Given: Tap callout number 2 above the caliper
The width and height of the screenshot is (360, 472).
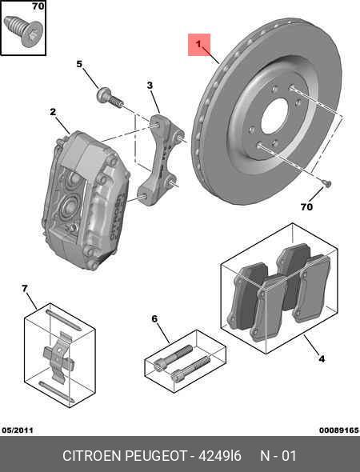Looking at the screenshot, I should pos(52,112).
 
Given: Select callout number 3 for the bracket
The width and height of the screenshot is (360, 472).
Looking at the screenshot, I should pos(150,86).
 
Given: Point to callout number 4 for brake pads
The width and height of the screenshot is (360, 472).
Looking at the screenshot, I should pos(321,359).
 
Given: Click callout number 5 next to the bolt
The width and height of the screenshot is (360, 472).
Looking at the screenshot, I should pos(80,64).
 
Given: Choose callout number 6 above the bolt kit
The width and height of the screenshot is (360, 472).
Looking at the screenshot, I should pos(154,319).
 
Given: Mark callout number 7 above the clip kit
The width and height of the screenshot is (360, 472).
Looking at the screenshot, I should pos(25,288).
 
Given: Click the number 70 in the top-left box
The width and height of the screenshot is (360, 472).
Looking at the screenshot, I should pos(37,7).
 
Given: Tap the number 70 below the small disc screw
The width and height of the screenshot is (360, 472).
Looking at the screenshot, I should pos(306,206).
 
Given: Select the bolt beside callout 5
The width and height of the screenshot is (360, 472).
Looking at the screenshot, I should pos(110,98).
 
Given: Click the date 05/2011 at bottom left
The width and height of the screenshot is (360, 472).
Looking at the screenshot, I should pos(18,430).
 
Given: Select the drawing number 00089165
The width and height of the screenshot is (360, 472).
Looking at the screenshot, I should pos(338,430).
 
